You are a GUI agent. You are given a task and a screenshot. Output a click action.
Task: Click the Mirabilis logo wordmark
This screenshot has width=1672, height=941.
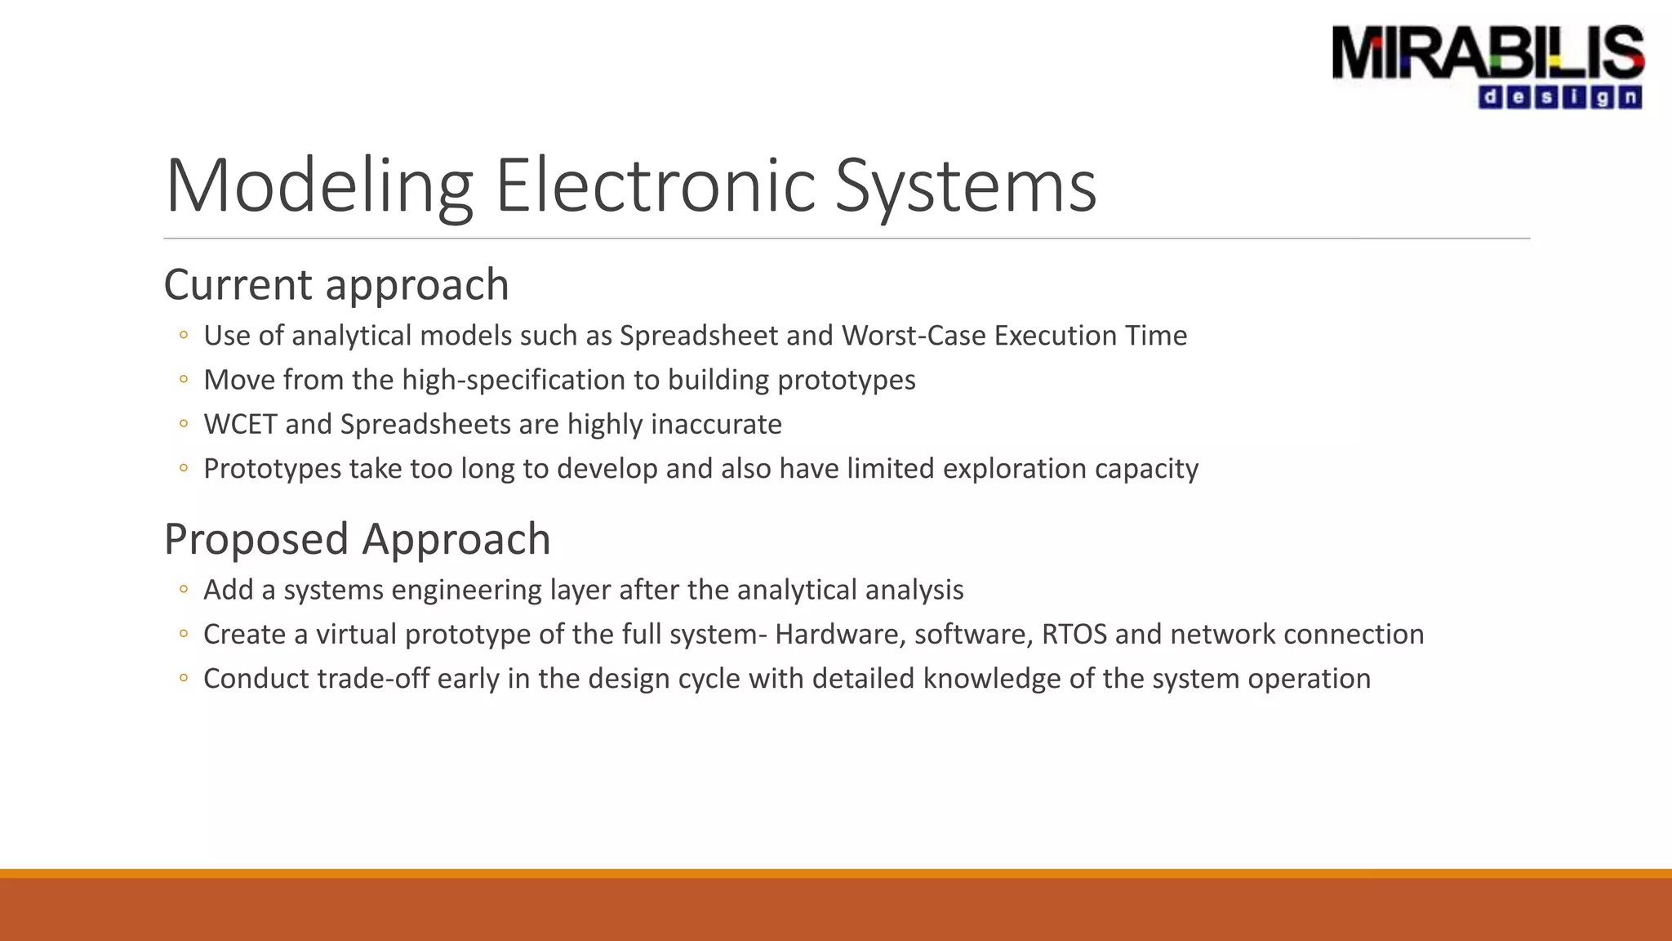point(1487,52)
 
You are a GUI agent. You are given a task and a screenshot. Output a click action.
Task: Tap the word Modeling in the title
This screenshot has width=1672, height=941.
point(318,186)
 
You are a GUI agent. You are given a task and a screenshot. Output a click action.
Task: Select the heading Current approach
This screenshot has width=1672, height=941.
point(336,285)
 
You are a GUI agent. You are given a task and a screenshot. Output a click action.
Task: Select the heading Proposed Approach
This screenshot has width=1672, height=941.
point(357,539)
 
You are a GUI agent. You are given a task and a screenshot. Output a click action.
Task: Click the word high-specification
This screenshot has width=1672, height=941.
point(530,381)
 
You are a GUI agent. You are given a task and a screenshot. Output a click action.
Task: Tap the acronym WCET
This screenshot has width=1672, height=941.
point(240,425)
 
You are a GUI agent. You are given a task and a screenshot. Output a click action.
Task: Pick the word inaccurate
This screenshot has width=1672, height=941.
point(716,425)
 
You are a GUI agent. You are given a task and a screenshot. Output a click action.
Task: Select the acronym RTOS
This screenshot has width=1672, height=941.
point(1074,635)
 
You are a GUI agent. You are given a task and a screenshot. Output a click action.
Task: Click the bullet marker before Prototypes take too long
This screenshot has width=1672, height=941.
point(184,469)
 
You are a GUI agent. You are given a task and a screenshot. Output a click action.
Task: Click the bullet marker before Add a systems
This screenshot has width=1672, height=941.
point(184,590)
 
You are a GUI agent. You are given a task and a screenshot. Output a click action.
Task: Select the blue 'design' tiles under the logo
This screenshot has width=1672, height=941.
point(1559,98)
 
